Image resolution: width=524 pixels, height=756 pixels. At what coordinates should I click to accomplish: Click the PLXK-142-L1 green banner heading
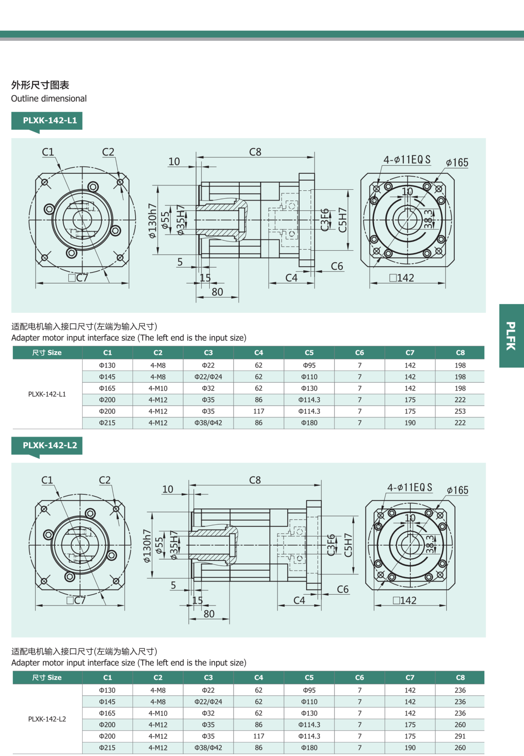50,120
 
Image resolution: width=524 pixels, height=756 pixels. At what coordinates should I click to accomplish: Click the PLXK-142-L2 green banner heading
50,445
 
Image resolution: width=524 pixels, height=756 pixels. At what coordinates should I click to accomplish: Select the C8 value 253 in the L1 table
460,411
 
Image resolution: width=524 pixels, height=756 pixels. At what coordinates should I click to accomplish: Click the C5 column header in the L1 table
309,353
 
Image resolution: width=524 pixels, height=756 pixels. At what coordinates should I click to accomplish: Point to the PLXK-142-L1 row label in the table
47,394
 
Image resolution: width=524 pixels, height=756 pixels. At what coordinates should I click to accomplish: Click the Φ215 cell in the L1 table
107,423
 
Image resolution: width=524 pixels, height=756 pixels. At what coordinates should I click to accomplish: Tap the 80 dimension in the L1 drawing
217,292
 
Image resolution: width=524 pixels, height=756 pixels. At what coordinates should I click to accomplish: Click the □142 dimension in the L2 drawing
405,600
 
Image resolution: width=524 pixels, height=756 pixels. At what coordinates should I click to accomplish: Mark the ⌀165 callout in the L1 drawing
457,163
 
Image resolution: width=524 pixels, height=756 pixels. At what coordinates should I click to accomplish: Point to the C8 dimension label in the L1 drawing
255,152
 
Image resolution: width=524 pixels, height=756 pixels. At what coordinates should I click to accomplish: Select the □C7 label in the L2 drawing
76,600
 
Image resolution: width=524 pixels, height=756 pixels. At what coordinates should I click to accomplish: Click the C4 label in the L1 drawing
291,278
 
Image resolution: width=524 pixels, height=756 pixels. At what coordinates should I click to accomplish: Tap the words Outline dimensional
49,98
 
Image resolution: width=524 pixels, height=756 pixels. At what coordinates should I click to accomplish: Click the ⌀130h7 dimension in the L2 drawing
147,545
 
